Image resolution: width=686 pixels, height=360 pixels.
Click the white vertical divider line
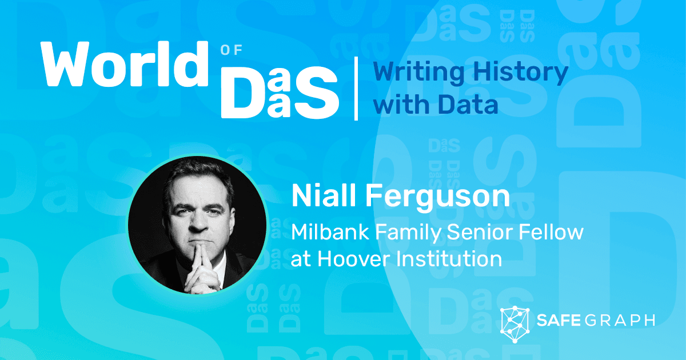tap(357, 88)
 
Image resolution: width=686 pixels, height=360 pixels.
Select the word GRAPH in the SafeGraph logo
tap(623, 320)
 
